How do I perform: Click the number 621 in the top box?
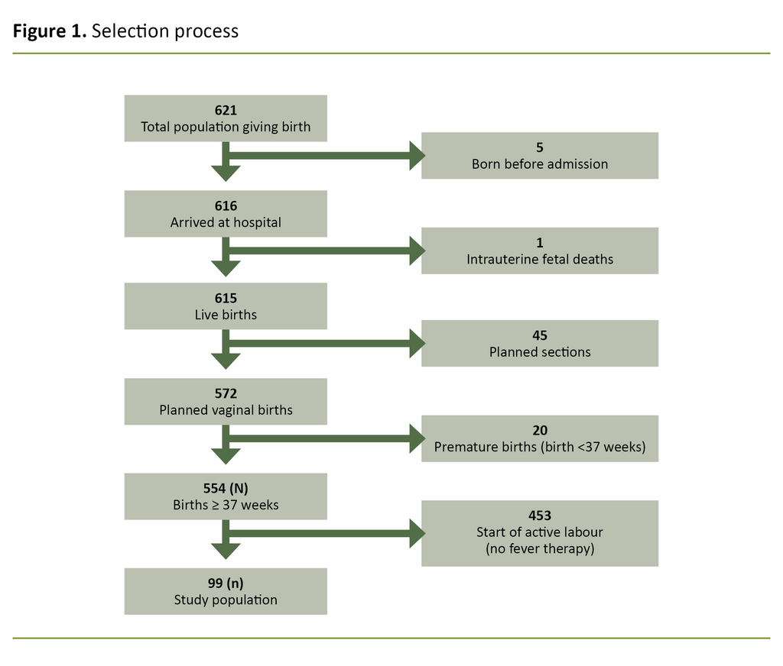point(226,111)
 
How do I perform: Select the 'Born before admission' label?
point(539,164)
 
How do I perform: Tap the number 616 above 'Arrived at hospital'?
point(226,206)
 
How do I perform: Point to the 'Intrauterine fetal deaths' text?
point(539,260)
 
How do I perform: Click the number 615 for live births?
point(226,299)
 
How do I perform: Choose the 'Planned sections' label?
point(539,352)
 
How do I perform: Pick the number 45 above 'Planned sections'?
point(539,335)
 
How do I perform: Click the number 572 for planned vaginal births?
point(226,393)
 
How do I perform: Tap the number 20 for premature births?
point(539,431)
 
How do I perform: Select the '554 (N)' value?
point(226,489)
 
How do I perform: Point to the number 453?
point(539,516)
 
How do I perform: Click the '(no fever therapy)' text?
point(539,549)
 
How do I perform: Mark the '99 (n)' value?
point(226,584)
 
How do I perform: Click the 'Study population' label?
point(226,600)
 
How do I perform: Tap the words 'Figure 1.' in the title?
point(49,31)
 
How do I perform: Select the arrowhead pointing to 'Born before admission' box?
point(417,156)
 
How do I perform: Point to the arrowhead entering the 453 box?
point(417,533)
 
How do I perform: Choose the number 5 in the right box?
point(539,147)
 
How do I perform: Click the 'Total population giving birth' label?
point(226,128)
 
